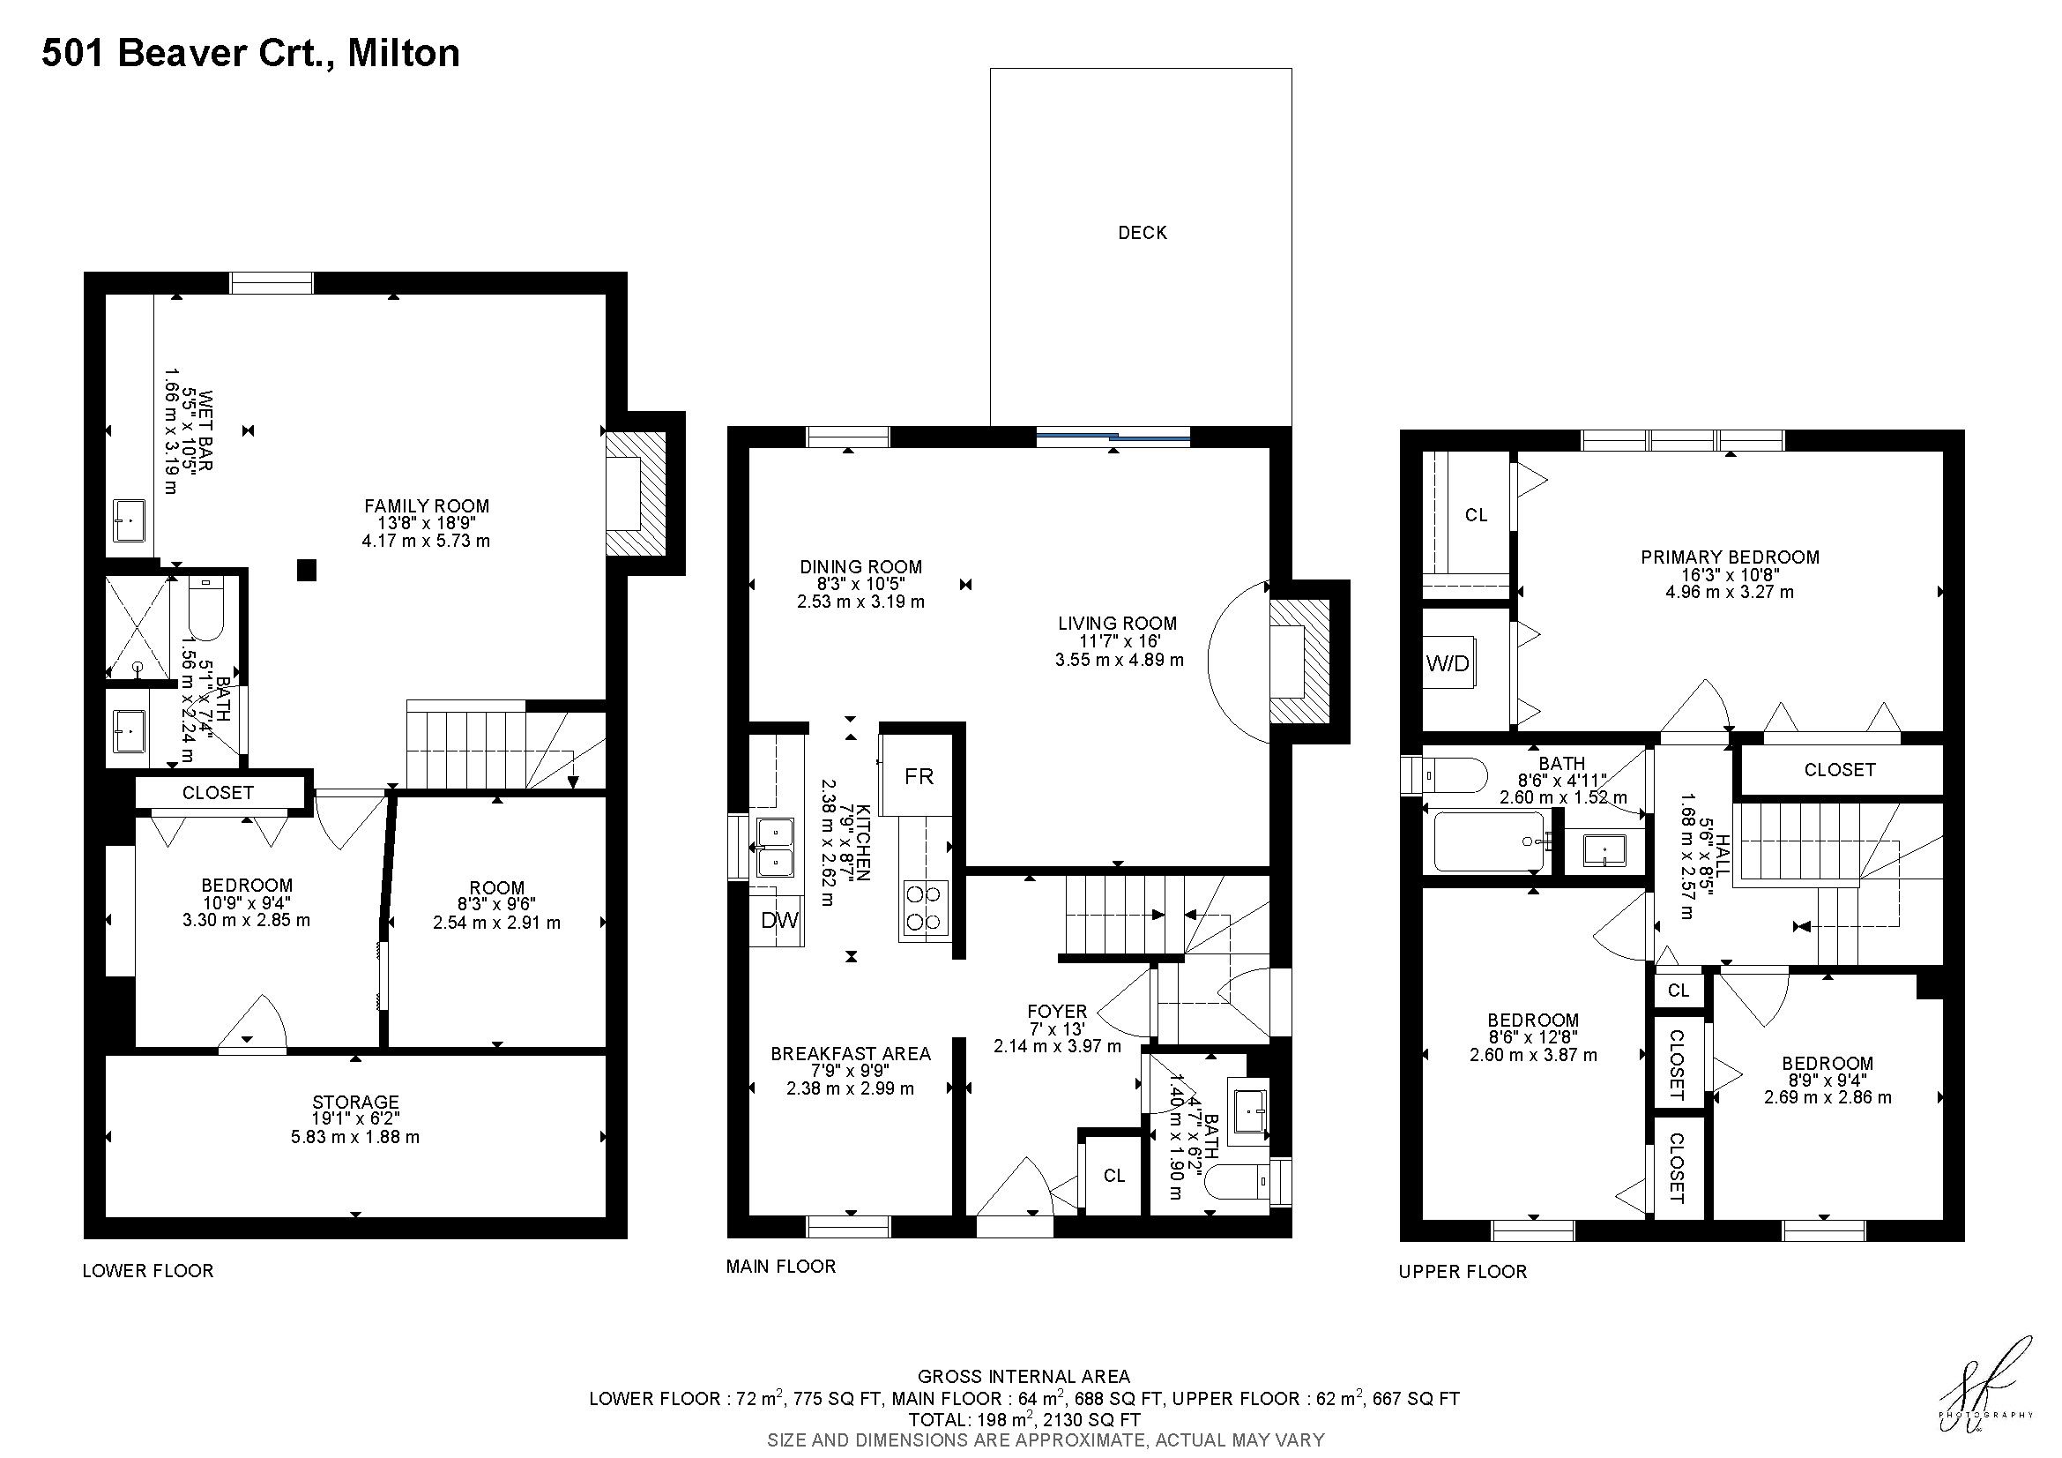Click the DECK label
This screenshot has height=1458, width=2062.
point(1143,233)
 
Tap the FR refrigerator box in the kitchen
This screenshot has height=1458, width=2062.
point(916,775)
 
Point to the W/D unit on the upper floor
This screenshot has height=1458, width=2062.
point(1448,663)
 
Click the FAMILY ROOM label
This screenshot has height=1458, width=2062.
point(427,505)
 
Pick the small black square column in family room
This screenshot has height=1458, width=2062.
point(307,570)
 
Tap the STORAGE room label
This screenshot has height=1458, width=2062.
point(355,1103)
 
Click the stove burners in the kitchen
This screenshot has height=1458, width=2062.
point(924,908)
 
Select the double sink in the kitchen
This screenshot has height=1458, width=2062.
point(774,847)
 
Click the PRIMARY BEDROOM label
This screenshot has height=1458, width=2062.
point(1730,557)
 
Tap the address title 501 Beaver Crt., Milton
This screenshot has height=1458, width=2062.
point(250,53)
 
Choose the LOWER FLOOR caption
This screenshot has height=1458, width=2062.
point(148,1271)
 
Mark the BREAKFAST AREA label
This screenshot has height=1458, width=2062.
point(851,1054)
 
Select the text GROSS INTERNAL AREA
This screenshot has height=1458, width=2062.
point(1024,1376)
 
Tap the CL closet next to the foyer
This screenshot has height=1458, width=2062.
point(1113,1176)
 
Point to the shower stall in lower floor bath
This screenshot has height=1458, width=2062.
point(138,627)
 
